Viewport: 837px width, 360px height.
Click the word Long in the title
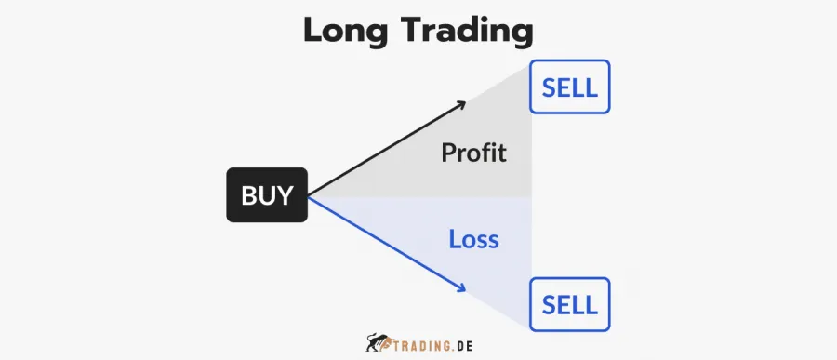350,31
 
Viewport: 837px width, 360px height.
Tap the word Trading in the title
470,33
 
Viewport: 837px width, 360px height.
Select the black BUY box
267,196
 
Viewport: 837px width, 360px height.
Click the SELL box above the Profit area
570,87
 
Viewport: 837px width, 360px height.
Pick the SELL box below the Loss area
570,304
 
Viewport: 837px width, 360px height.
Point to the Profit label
474,153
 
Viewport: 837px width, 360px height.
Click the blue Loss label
473,239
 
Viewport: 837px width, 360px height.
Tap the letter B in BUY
248,196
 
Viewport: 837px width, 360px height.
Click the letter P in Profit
448,153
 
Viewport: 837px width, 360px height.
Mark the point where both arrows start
308,196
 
